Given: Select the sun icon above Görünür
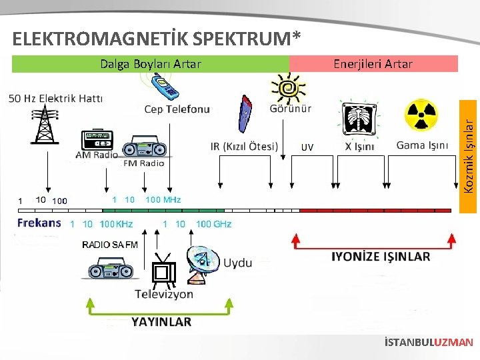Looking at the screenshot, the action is click(x=289, y=87).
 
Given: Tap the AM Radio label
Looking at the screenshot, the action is click(x=96, y=155).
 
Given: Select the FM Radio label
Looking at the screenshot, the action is click(x=143, y=163).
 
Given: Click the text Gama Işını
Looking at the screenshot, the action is click(x=422, y=145).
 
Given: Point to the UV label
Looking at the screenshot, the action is click(x=307, y=147).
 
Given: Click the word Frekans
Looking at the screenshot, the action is click(x=39, y=223).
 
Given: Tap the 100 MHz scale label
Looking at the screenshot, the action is click(x=163, y=199).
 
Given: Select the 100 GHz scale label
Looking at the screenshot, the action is click(x=213, y=224).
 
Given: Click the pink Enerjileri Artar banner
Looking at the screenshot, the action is click(x=373, y=64).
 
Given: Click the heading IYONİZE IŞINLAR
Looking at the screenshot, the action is click(x=381, y=257).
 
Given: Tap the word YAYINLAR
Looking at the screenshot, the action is click(x=161, y=321).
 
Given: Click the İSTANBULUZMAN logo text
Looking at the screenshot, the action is click(x=429, y=343).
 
